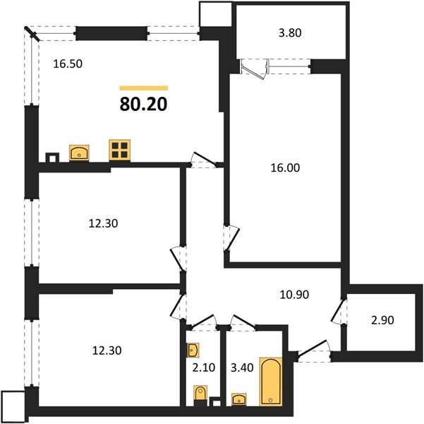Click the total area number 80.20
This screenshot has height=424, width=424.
coord(143,105)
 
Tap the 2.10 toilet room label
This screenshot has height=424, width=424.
coord(205,367)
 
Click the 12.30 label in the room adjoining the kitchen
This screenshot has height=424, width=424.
coord(103,223)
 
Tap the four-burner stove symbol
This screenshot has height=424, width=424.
coord(119,151)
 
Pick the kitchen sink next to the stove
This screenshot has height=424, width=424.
coord(79,151)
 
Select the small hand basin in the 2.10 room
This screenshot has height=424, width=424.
coord(194,348)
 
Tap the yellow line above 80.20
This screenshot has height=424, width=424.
coord(143,88)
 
